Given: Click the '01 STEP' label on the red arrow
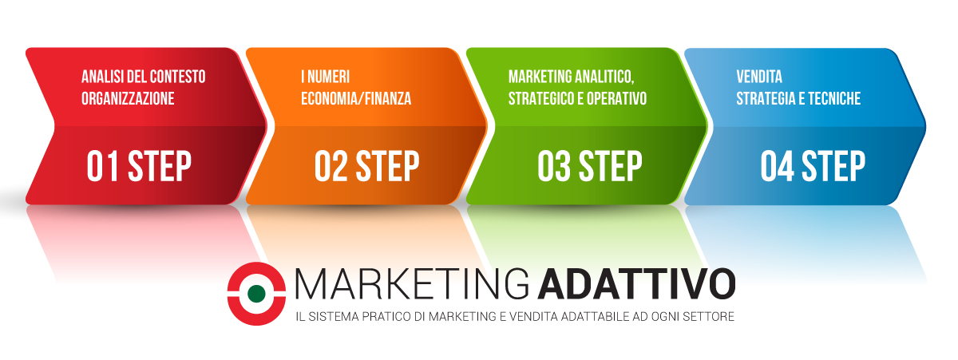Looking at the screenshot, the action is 139,166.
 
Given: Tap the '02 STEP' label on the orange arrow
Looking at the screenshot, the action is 367,166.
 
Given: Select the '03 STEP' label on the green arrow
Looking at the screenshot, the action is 590,166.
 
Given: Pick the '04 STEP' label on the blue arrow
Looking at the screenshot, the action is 813,166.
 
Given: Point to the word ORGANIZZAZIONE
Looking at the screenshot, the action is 128,99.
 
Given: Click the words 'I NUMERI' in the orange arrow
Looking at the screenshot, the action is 326,77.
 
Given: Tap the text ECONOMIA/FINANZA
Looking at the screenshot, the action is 356,99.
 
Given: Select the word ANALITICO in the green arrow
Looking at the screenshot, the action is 604,77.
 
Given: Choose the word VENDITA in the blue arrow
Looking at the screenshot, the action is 759,77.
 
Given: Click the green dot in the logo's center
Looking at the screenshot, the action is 256,294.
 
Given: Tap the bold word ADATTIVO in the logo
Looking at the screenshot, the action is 637,283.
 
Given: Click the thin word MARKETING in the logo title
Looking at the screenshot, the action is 412,283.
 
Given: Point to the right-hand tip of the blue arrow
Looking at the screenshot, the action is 925,127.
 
